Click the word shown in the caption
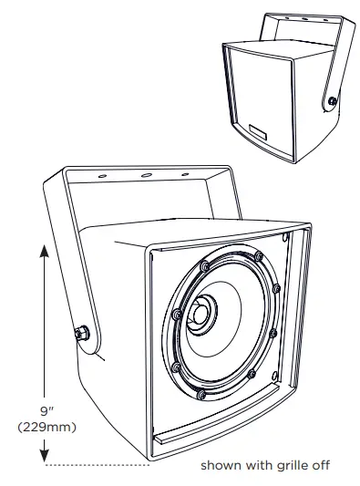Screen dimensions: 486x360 pyautogui.click(x=220, y=465)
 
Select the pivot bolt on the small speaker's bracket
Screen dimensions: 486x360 pyautogui.click(x=331, y=101)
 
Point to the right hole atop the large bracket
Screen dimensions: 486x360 pyautogui.click(x=185, y=173)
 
